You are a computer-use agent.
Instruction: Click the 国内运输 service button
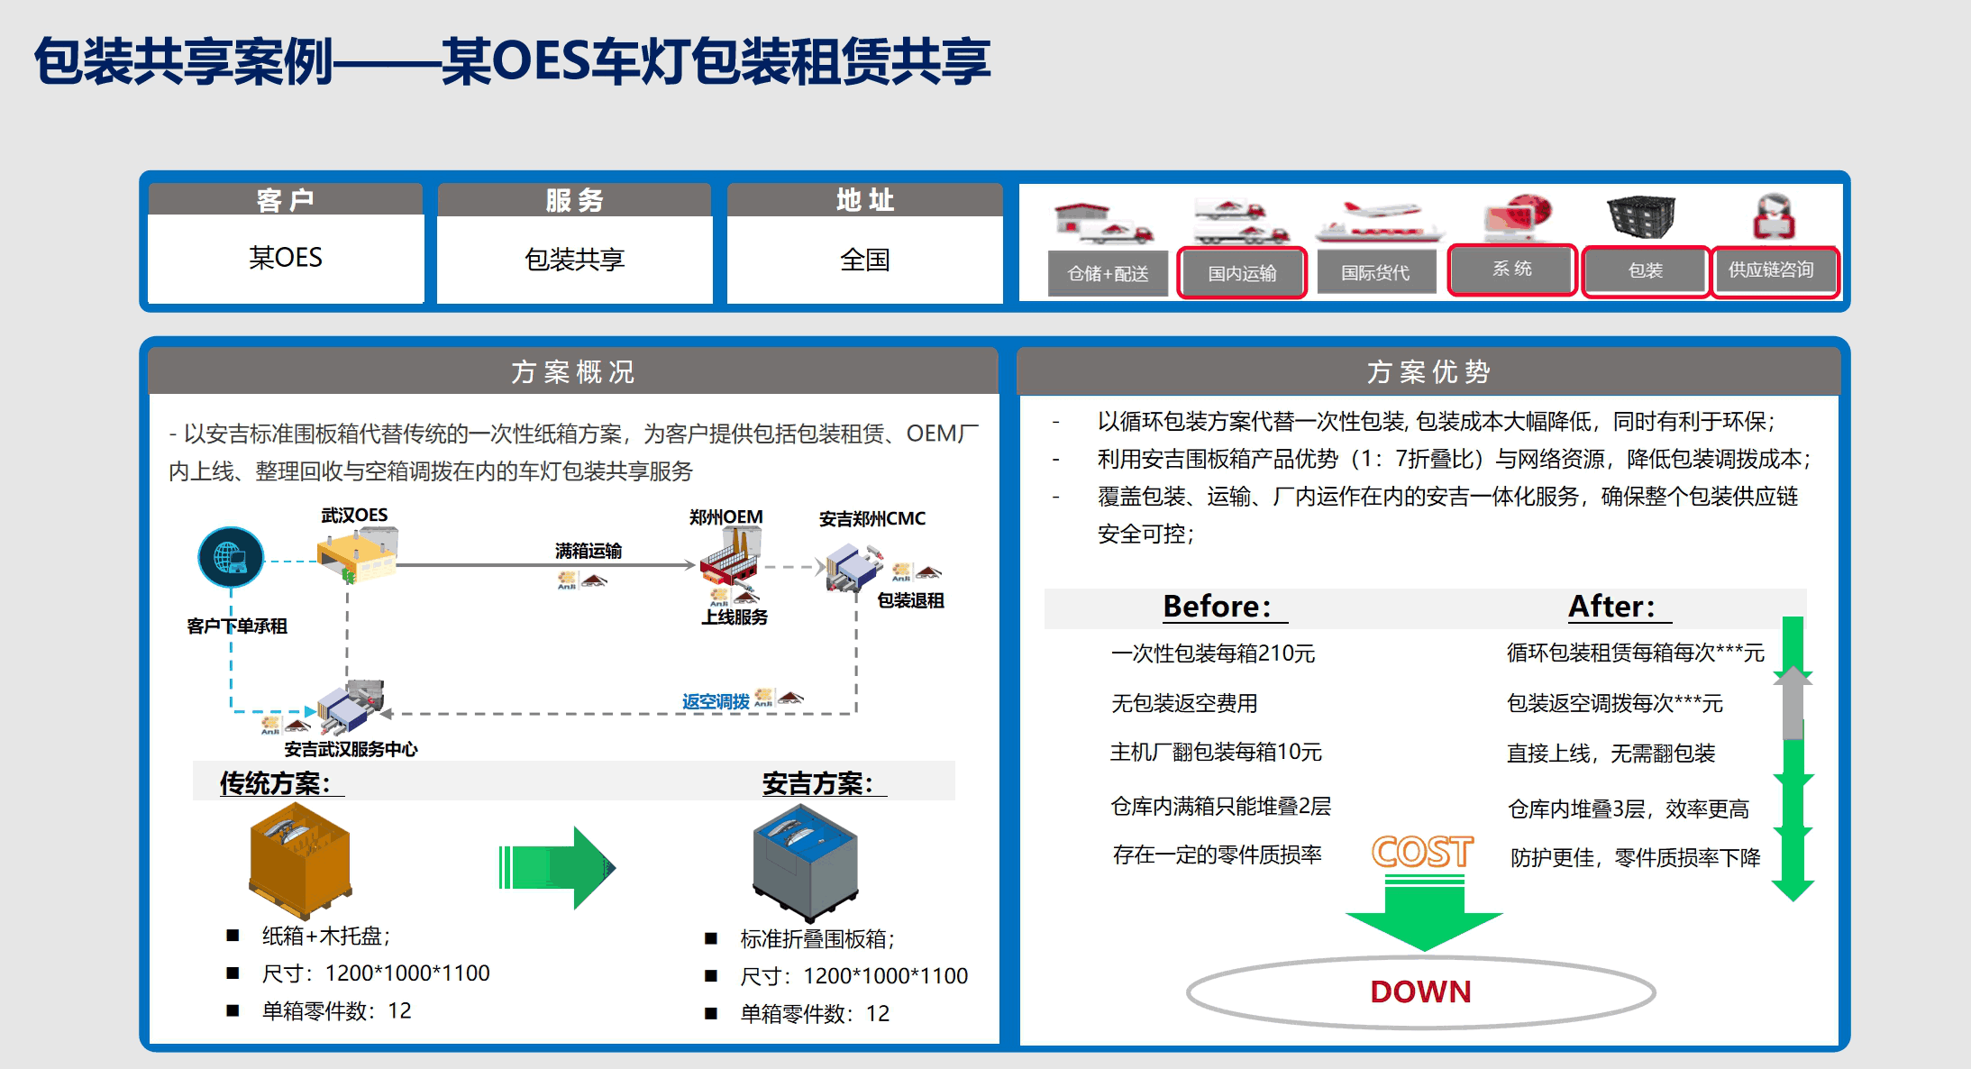[x=1242, y=272]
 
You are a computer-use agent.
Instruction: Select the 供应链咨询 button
[x=1771, y=270]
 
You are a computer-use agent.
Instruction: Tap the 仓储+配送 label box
[x=1108, y=273]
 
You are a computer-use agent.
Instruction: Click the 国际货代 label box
[x=1375, y=272]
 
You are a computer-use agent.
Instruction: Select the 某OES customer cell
[x=285, y=258]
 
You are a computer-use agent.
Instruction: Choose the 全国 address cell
[x=864, y=260]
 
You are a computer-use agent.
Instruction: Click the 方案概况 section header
[x=573, y=371]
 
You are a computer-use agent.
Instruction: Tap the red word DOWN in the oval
[x=1420, y=991]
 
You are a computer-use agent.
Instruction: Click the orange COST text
[x=1422, y=852]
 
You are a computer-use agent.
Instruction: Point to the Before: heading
[x=1218, y=606]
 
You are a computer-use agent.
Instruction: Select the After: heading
[x=1612, y=606]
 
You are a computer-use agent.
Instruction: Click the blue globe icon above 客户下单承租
[x=231, y=556]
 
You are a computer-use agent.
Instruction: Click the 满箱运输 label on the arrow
[x=589, y=550]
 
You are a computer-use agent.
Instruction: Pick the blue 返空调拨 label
[x=716, y=701]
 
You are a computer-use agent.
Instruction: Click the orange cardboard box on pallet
[x=300, y=859]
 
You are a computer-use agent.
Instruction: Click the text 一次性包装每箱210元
[x=1213, y=653]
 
